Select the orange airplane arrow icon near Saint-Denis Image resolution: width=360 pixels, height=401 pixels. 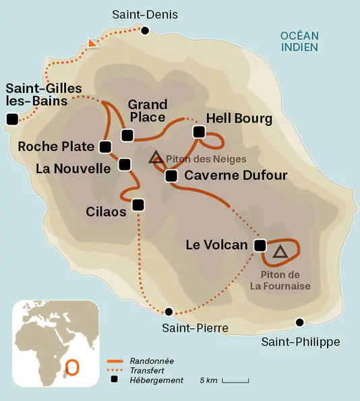point(92,44)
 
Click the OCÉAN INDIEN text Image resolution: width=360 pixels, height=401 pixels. point(299,41)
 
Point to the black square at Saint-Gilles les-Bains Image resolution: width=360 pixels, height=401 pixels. point(11,119)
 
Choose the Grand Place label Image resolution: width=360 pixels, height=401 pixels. point(148,111)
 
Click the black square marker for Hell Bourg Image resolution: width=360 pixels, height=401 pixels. point(198,132)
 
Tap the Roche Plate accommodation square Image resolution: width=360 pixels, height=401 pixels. point(105,146)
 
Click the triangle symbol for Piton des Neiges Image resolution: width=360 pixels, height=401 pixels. point(156,158)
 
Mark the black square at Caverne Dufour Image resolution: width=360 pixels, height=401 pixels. point(171,176)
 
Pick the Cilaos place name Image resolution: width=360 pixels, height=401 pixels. point(106,212)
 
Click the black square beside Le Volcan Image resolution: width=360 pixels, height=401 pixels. point(260,245)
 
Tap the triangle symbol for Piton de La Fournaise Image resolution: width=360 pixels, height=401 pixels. point(280,251)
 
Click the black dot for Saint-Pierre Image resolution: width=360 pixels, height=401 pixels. point(169,311)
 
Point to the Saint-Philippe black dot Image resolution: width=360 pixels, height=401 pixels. point(299,322)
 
